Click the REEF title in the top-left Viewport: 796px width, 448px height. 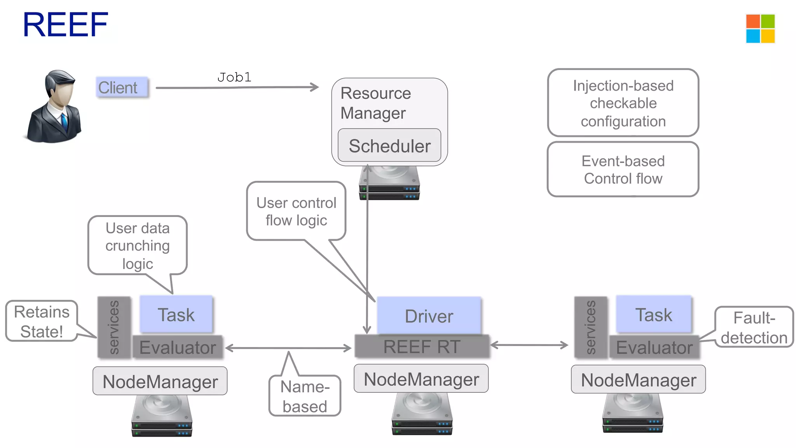coord(65,25)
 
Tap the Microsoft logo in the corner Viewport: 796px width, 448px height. coord(760,29)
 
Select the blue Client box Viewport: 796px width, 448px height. coord(122,87)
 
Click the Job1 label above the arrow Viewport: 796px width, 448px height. coord(234,77)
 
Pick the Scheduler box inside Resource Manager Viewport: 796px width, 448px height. coord(389,146)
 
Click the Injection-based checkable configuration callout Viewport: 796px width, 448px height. coord(623,103)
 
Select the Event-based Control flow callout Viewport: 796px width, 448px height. coord(623,170)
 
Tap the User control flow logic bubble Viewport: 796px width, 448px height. coord(296,211)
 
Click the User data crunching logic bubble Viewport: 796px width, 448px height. coord(138,245)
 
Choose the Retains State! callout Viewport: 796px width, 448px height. coord(42,321)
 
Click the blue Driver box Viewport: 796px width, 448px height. coord(429,316)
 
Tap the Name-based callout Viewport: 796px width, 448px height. coord(305,396)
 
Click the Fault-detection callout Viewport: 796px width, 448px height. coord(754,327)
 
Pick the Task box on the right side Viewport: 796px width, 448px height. coord(654,314)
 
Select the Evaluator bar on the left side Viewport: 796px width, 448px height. coord(178,347)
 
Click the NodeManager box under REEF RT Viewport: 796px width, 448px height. coord(421,379)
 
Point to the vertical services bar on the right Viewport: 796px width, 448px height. coord(590,327)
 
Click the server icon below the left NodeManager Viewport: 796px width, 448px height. coord(162,416)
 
